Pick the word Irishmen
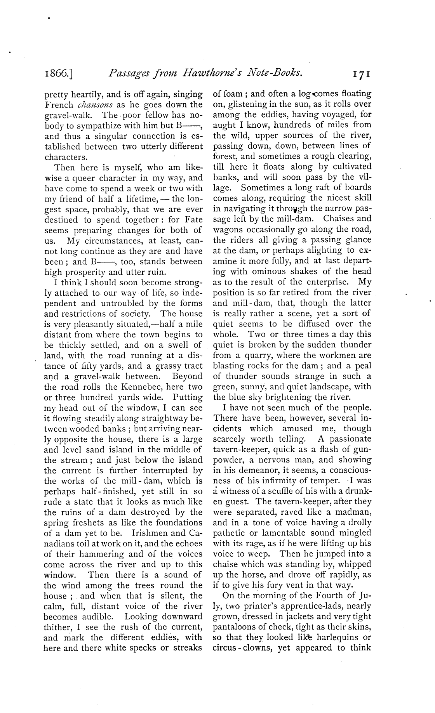(x=152, y=533)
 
